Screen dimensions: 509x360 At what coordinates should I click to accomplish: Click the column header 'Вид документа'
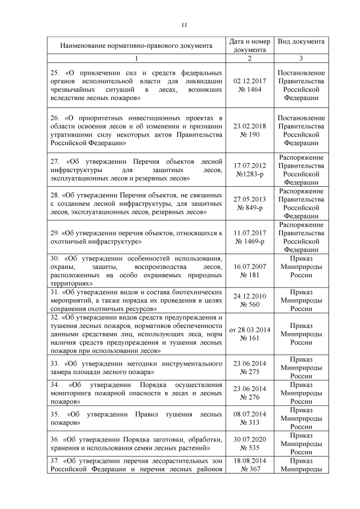[x=301, y=42]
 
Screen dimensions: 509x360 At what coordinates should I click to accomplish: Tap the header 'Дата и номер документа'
[x=250, y=46]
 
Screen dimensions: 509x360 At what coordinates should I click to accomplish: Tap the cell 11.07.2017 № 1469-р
[x=250, y=237]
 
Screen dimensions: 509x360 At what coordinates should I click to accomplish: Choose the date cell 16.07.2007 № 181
[x=250, y=271]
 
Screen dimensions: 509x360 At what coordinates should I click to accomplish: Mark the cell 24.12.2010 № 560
[x=250, y=301]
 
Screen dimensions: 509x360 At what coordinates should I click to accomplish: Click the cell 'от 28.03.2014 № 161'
[x=250, y=334]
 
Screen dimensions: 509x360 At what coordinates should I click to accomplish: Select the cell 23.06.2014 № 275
[x=250, y=368]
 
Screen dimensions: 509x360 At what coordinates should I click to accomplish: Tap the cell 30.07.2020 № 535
[x=250, y=444]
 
